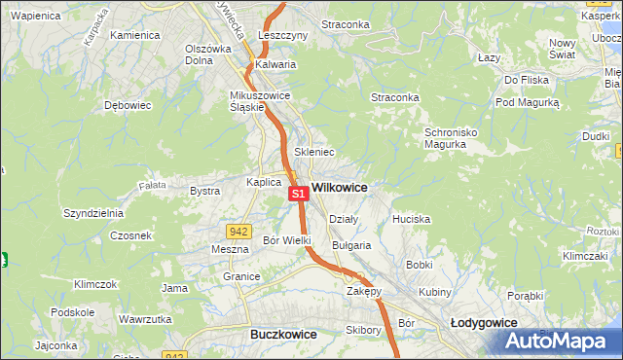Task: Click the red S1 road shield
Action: [299, 194]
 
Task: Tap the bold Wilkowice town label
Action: [339, 186]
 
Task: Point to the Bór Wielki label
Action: [287, 240]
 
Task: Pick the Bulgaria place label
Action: [351, 246]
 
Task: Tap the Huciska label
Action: [411, 220]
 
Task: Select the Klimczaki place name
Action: [584, 255]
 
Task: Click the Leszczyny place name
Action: [283, 35]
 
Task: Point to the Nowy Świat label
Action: [564, 49]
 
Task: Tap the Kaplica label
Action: [264, 182]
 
